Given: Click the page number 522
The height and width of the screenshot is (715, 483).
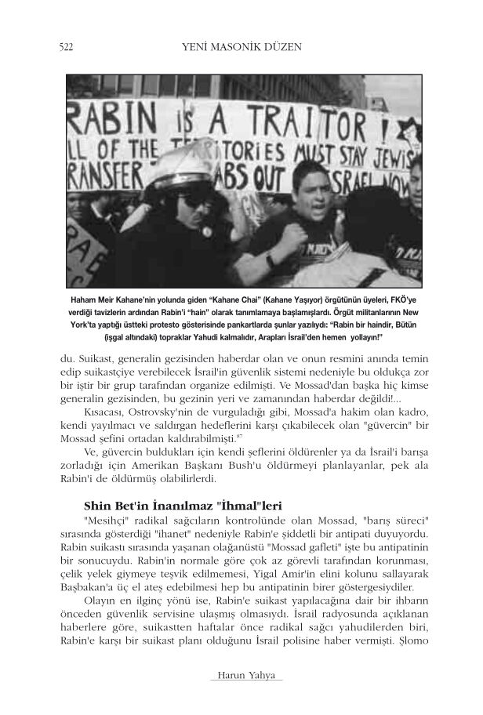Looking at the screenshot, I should point(66,47).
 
